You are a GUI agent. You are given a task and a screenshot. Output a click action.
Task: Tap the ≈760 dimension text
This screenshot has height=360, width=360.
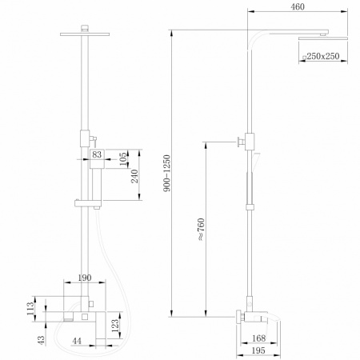[x=202, y=228]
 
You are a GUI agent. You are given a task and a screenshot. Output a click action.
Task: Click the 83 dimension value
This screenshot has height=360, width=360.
[x=97, y=154]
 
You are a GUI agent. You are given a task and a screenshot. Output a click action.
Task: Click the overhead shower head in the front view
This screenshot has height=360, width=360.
[x=83, y=34]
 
